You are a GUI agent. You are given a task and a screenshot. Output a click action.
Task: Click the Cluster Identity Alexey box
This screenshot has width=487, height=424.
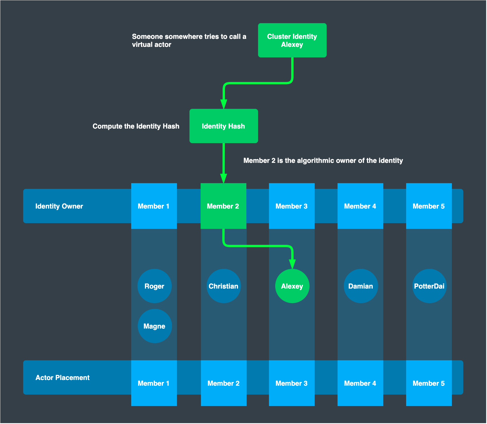tap(292, 40)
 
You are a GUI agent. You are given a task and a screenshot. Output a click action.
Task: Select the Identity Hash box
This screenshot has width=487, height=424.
tap(223, 126)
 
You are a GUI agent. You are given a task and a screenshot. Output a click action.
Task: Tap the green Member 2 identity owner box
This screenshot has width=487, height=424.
tap(223, 206)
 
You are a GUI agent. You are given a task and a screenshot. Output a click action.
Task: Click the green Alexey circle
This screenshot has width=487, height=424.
tap(292, 286)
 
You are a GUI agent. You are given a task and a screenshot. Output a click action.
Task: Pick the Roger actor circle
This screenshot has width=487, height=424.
tap(154, 286)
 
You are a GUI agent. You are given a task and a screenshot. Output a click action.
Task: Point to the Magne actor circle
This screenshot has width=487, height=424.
tap(155, 326)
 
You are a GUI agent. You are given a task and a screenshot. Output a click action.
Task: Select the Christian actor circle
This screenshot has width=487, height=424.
tap(223, 286)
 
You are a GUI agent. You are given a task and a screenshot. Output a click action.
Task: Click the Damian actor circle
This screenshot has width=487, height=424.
tap(361, 286)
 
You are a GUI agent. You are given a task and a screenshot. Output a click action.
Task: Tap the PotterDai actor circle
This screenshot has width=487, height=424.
tap(429, 286)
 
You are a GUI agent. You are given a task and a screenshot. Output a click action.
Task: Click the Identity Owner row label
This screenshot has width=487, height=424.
tap(59, 206)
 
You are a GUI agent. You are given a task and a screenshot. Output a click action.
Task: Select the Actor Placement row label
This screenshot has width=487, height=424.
tap(62, 378)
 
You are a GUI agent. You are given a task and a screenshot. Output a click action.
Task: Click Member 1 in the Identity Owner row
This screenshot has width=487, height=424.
tap(154, 206)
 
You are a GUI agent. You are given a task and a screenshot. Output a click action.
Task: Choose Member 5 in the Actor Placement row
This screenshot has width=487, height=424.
tap(429, 383)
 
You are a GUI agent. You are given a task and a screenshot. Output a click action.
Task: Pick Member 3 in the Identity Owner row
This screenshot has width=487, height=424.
tap(292, 206)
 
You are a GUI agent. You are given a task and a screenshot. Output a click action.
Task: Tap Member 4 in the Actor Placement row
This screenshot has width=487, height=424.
tap(360, 383)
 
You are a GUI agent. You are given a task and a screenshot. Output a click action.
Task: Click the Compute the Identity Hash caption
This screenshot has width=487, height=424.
tap(136, 126)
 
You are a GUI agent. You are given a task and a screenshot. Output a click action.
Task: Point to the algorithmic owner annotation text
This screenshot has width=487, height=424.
tap(323, 161)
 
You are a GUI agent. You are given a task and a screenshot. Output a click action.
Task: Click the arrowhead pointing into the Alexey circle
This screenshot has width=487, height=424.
tap(292, 264)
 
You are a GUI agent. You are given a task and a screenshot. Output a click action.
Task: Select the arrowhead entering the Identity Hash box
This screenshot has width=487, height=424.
tap(224, 104)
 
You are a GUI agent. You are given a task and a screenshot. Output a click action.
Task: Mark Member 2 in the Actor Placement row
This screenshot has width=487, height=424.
tap(223, 383)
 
